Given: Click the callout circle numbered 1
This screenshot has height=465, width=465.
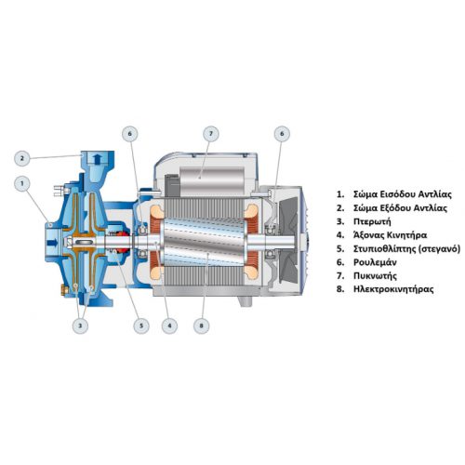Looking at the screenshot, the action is coord(22,184).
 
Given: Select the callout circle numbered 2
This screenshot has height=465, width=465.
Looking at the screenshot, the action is coord(22,158).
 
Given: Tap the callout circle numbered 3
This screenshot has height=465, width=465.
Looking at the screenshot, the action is coord(80,325).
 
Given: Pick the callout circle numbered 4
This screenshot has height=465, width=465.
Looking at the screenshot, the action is coord(169,325).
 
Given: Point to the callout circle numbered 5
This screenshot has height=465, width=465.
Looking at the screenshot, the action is coord(141,325).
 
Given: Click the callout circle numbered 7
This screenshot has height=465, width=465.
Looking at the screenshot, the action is coord(211,134).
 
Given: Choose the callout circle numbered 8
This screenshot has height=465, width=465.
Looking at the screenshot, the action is coord(202,325).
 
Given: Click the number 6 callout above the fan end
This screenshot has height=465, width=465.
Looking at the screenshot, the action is coord(282,134).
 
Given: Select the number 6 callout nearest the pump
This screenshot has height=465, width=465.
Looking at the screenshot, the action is coord(130,134).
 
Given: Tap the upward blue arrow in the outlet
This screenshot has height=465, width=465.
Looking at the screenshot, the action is coord(98,159).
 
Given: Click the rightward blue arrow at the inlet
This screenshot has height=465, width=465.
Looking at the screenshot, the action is coord(53,243).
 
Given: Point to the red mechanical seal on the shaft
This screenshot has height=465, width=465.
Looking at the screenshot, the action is coord(124,242).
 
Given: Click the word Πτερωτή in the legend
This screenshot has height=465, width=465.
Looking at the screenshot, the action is coord(372,221).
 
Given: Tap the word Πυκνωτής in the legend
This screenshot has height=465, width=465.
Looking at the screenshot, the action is coord(375,276).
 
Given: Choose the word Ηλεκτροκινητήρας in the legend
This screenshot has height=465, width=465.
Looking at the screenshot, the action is coord(393,289).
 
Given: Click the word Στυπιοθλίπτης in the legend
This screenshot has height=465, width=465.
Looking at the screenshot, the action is coord(384,249).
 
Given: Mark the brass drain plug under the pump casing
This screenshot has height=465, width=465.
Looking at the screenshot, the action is coord(64,291).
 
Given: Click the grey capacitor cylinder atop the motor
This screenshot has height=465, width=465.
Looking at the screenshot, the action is coord(212,178).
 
